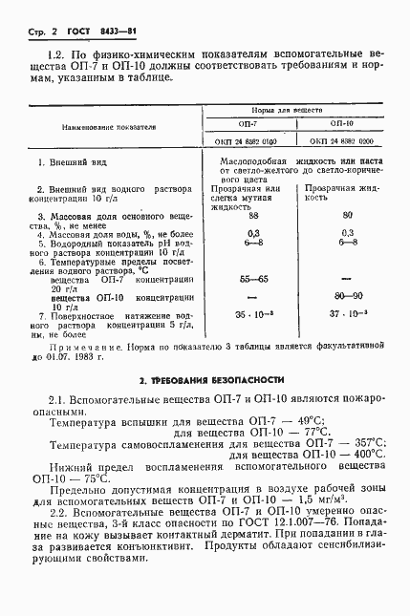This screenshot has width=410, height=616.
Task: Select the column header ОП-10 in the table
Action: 342,123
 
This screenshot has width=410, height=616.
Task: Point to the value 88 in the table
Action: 254,217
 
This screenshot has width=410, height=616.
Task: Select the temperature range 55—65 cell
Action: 254,277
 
